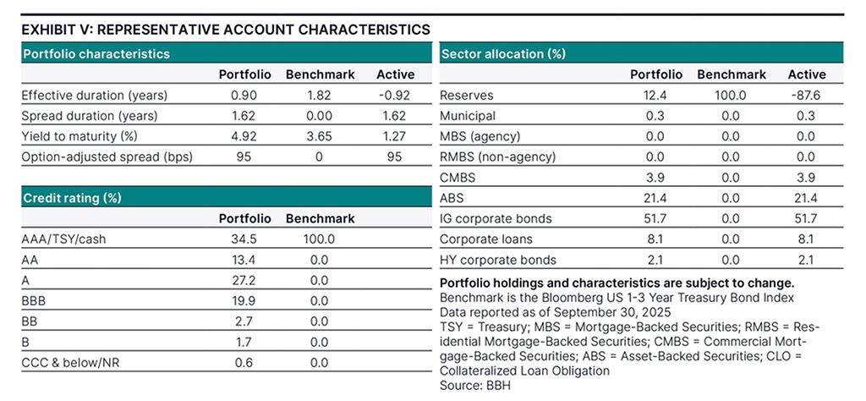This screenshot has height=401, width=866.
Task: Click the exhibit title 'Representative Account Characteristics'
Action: [x=226, y=30]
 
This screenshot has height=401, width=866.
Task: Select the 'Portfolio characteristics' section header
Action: [x=96, y=53]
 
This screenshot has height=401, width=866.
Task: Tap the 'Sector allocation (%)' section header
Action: [x=503, y=53]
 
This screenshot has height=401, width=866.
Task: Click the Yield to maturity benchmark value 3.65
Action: [x=321, y=136]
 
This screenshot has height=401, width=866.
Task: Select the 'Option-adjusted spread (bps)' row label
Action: [x=99, y=157]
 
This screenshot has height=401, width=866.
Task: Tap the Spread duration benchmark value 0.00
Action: [x=321, y=116]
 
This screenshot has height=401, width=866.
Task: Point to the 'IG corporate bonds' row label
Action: [x=496, y=218]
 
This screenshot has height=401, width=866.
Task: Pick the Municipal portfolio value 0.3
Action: [x=657, y=116]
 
